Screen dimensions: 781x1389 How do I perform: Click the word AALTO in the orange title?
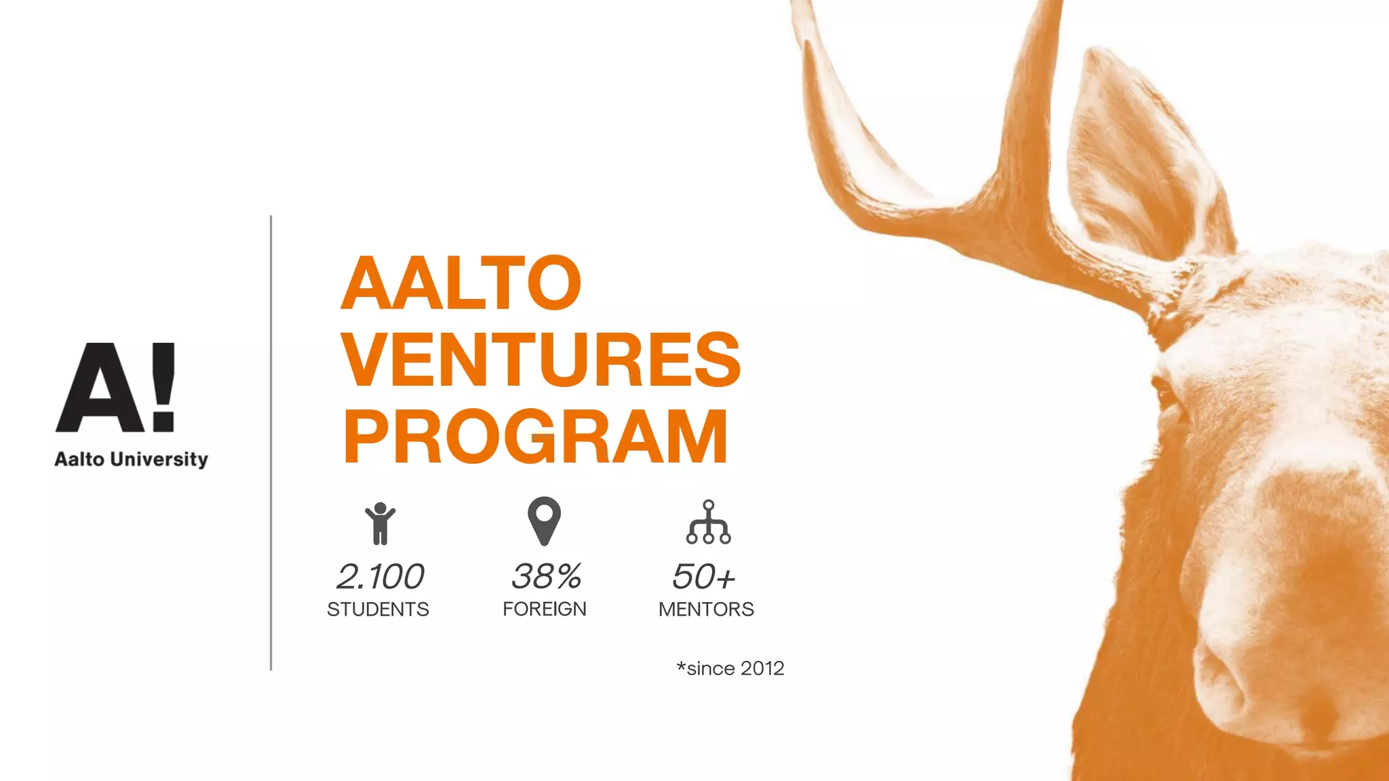[461, 283]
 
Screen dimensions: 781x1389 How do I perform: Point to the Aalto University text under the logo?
[131, 460]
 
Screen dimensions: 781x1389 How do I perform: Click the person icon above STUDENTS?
[380, 523]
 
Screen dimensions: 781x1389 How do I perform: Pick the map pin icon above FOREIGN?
[544, 521]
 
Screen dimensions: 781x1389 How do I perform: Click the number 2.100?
[380, 577]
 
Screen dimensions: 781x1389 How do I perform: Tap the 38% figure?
[546, 577]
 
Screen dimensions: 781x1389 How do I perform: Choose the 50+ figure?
[703, 577]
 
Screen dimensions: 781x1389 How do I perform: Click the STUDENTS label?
[378, 609]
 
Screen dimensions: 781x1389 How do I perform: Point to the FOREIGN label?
[545, 609]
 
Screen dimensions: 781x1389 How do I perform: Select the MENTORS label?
[706, 609]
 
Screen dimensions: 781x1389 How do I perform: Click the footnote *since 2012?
[730, 668]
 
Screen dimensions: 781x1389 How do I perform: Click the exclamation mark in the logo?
[163, 387]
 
